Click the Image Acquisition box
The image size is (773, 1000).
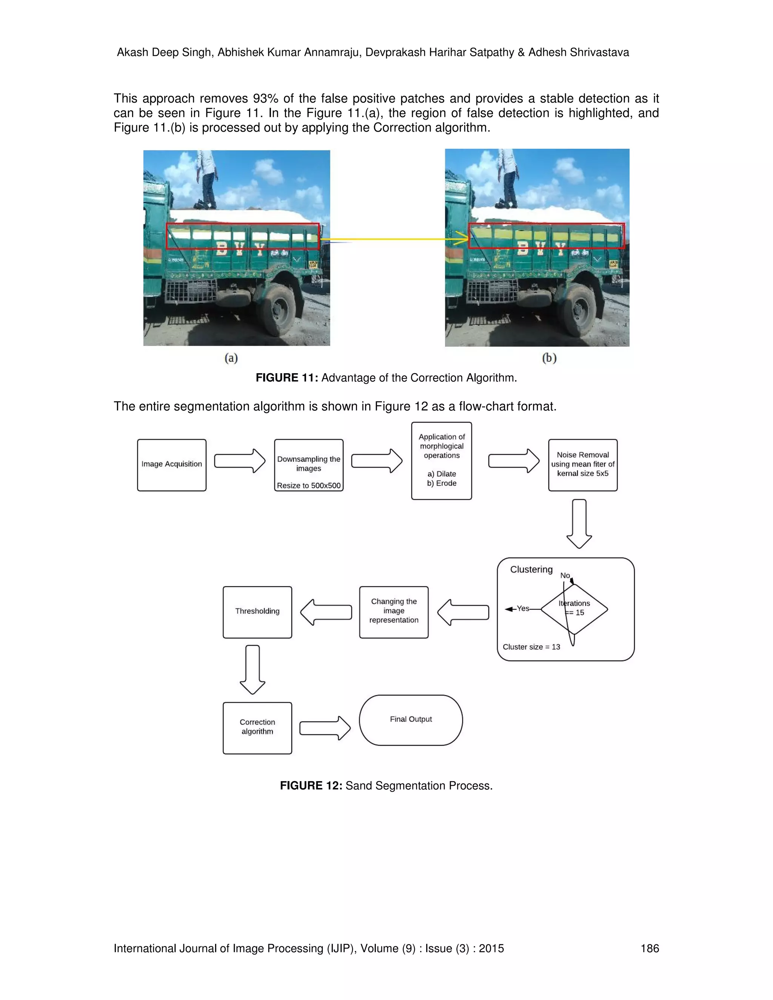172,465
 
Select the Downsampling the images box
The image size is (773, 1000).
309,465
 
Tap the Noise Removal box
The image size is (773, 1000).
582,465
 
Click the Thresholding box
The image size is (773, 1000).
257,612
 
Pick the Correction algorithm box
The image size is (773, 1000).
257,728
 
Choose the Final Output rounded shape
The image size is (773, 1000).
411,720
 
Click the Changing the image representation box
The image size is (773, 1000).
394,612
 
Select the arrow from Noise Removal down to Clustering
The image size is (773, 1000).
579,523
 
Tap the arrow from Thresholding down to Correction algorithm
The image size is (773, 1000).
253,669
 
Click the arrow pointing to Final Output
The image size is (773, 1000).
325,728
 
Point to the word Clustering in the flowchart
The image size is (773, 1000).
531,569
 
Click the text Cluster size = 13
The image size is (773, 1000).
531,647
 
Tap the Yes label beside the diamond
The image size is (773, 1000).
523,609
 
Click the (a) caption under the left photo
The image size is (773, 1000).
231,358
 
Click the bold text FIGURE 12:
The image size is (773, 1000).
311,786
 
